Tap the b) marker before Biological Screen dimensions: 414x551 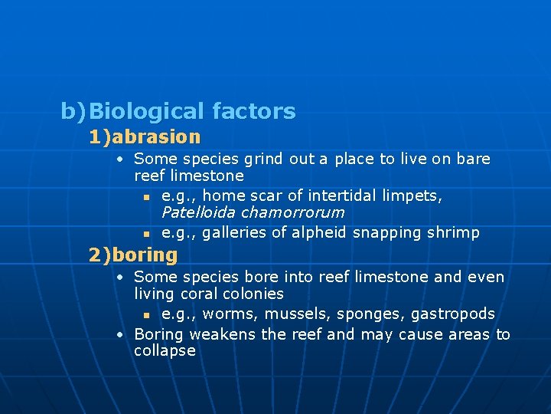point(73,112)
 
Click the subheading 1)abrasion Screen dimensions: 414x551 point(145,137)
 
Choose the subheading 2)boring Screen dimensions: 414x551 point(133,255)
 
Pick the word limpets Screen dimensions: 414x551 point(413,196)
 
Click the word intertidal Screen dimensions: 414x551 point(344,196)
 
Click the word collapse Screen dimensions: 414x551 point(165,351)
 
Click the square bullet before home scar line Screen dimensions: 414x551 point(145,197)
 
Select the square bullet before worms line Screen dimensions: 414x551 point(145,315)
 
